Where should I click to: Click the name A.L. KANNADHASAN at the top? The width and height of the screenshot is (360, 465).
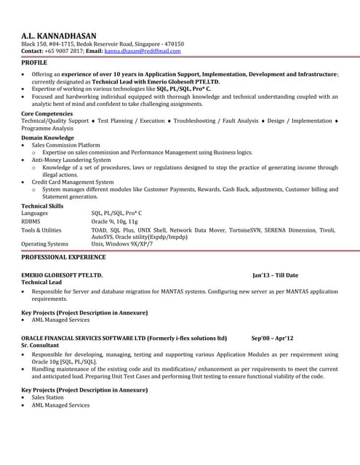coord(59,35)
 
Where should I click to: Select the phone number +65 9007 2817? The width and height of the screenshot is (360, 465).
coord(65,52)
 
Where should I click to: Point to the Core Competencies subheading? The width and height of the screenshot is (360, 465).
coord(47,114)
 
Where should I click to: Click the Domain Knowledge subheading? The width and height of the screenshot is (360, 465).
coord(47,137)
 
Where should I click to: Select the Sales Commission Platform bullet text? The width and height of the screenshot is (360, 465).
coord(65,145)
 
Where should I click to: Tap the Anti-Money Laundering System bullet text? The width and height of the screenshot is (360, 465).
coord(71,160)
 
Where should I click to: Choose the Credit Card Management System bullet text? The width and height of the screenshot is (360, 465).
coord(73,182)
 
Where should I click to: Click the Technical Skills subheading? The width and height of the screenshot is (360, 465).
coord(43,206)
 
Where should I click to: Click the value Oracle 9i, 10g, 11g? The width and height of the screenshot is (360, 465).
coord(113,221)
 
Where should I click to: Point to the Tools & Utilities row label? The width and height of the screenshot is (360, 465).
coord(41,230)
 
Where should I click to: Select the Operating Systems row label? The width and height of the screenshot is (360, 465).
coord(45,244)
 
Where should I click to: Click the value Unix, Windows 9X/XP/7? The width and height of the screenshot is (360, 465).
coord(122,244)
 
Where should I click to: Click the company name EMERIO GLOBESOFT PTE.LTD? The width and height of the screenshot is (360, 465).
coord(62,275)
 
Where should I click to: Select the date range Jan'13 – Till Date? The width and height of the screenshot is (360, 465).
coord(275,275)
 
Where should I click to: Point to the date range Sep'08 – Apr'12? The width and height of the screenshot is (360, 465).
coord(272,338)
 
